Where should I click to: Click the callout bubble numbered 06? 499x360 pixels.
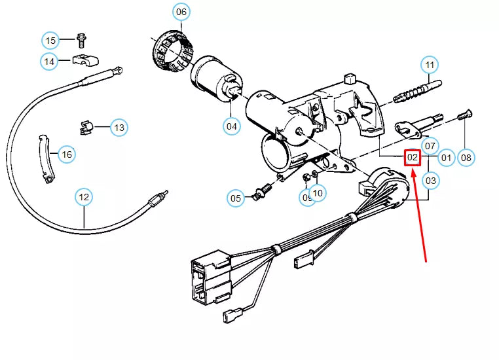click(x=181, y=12)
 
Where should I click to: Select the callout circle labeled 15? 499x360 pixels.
click(x=51, y=41)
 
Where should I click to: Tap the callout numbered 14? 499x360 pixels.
click(x=49, y=62)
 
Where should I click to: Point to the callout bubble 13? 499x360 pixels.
click(x=119, y=128)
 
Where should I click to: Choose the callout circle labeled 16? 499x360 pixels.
click(x=66, y=154)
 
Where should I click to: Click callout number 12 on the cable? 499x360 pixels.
click(x=84, y=196)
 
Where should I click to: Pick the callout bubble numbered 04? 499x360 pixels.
click(x=232, y=125)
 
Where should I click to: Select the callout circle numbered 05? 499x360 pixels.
click(x=236, y=197)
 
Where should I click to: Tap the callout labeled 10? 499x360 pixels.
click(x=318, y=192)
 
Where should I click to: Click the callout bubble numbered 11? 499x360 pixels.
click(x=430, y=65)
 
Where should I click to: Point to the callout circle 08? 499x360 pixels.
click(x=466, y=157)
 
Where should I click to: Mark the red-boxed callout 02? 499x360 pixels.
click(x=412, y=158)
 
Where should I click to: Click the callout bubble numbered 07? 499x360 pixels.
click(x=430, y=145)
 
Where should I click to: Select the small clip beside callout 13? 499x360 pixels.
click(x=83, y=127)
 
